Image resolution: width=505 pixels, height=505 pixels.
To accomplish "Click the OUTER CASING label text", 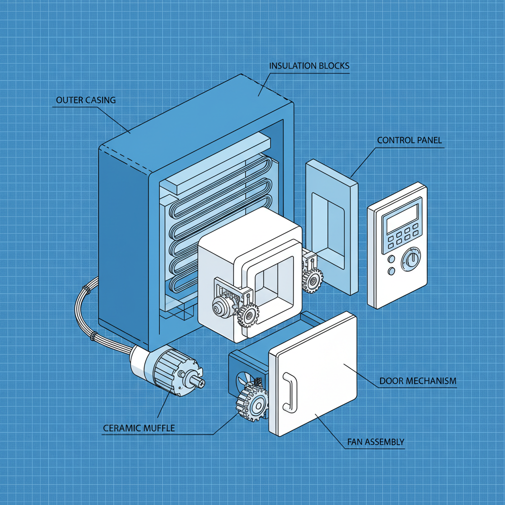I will (x=86, y=100).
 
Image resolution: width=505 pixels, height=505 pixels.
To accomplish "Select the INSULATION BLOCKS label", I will (x=309, y=66).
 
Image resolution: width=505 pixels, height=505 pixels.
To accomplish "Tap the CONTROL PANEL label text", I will (x=409, y=140).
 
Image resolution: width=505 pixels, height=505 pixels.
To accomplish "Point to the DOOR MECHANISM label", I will (x=418, y=381).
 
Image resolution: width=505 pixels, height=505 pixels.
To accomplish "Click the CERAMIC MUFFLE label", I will (x=139, y=428).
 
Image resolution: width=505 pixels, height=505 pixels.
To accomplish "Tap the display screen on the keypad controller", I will (x=402, y=218).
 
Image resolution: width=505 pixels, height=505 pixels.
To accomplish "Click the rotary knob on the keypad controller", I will (x=410, y=259).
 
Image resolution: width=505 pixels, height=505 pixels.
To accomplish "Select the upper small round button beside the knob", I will (x=392, y=259).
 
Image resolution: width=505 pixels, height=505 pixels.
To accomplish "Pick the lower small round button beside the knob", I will (x=392, y=271).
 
